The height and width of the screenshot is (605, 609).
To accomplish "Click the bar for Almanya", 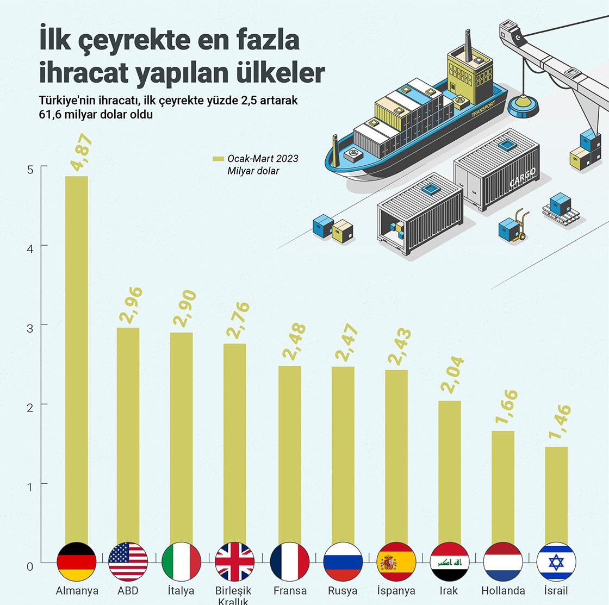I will coord(76,359).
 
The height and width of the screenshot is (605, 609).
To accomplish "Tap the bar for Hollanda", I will coord(502,486).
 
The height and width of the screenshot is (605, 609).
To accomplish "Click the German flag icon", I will coord(77,562).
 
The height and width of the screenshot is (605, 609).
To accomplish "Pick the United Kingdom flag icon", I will coord(235,562).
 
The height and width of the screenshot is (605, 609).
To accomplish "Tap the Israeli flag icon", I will coord(556,562).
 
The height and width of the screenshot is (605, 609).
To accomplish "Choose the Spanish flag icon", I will coord(396,562).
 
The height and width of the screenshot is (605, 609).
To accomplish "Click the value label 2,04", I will coord(452,375).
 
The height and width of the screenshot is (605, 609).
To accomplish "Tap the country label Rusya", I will coord(343,590).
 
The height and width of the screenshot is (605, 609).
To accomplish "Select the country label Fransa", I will coord(290,590).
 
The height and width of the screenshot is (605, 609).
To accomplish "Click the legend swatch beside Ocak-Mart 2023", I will coord(218,159).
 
